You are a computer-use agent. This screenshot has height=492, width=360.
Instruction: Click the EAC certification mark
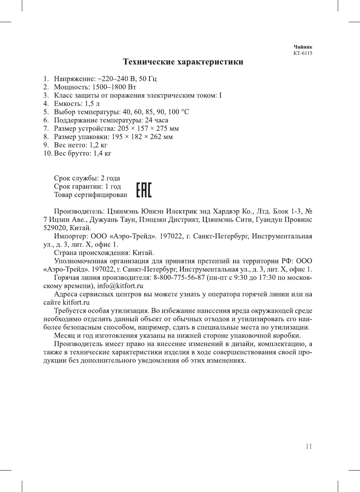144,190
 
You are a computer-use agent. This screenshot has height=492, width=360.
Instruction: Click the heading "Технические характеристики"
183,62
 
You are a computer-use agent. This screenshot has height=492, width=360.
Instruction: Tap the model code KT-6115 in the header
303,53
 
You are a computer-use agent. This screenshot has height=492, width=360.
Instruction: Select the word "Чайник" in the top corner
303,47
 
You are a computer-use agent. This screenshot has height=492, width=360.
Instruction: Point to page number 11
309,446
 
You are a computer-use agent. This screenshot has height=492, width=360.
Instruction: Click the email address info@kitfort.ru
120,286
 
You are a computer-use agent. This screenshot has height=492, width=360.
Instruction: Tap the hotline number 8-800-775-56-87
179,277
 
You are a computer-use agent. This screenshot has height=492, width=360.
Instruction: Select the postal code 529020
55,228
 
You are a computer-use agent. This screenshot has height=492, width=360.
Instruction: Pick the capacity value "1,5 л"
92,104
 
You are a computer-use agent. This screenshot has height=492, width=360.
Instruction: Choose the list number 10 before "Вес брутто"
47,153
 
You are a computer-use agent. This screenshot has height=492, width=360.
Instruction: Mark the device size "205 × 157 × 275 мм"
148,128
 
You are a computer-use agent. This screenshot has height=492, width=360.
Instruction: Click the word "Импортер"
70,236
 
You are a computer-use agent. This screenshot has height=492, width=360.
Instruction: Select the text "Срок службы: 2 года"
87,178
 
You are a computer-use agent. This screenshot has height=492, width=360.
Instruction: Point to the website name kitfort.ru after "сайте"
76,302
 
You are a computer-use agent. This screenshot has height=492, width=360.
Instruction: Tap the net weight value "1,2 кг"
98,145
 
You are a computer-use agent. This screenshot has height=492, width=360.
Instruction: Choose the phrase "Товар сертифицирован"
90,195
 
